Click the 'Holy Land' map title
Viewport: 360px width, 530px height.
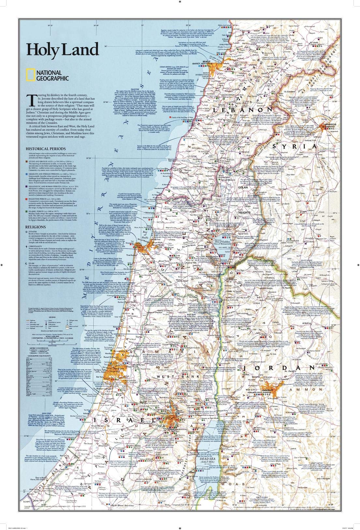point(62,50)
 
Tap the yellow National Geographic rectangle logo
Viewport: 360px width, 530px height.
point(30,75)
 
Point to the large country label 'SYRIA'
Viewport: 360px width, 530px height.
point(295,147)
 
